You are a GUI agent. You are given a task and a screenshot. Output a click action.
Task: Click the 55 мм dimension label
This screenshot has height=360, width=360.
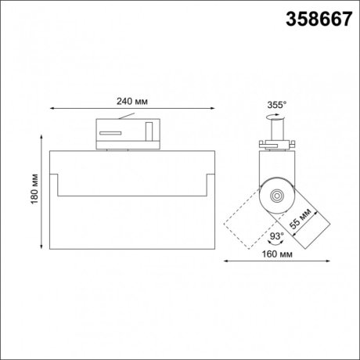(x=300, y=220)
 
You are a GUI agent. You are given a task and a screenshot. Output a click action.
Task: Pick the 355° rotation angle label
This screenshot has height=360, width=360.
(x=277, y=103)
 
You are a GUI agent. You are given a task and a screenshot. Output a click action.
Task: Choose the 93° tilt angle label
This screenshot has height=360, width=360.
(x=275, y=234)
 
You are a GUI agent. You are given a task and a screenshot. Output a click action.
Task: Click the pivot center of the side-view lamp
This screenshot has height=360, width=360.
(x=275, y=194)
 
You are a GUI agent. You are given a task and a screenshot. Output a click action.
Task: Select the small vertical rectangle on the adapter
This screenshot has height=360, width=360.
(x=149, y=130)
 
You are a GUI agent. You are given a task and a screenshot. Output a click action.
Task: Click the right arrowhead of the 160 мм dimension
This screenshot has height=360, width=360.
(x=322, y=261)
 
